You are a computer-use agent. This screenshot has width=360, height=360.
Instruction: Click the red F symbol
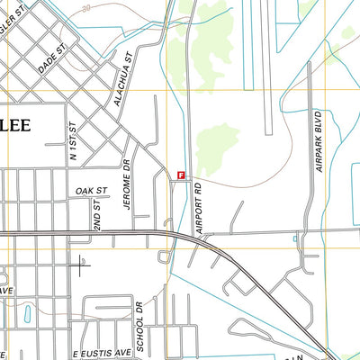tap(182, 176)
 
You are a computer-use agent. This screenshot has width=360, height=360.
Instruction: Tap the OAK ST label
tap(92, 191)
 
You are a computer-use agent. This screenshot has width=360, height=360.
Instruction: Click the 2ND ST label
tap(97, 213)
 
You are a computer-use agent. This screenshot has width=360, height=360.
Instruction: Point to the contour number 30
tap(85, 7)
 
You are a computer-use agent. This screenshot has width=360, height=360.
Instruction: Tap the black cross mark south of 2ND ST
tap(81, 265)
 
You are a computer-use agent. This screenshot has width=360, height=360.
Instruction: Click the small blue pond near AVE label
tap(26, 314)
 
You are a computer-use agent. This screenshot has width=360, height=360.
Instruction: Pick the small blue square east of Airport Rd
tap(295, 238)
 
